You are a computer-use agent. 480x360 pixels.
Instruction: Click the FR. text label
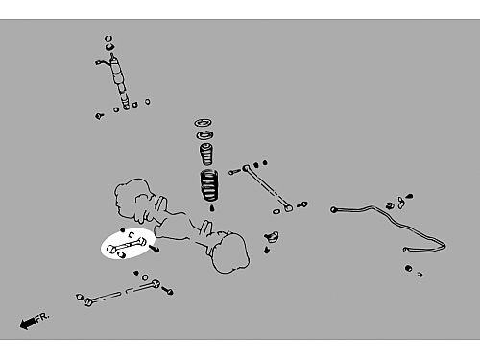pos(42,317)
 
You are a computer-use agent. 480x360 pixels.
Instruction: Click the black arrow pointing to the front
pos(28,323)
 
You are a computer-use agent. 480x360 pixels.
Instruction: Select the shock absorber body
pos(119,81)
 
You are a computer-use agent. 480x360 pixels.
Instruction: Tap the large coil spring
pos(209,185)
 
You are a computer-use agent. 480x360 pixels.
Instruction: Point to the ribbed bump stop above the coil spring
pos(206,154)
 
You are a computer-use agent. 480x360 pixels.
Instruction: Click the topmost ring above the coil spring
pos(204,123)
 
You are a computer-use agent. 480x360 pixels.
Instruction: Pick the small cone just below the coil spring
pos(211,208)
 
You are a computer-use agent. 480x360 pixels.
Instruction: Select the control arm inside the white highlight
pos(127,246)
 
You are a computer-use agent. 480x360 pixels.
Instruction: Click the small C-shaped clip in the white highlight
pos(132,235)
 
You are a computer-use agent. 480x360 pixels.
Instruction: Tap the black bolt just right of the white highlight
pos(154,249)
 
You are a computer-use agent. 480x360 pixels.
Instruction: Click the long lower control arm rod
pos(122,292)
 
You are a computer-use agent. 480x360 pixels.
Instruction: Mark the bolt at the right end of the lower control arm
pos(168,291)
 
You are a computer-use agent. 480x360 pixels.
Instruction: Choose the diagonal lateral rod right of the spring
pos(268,187)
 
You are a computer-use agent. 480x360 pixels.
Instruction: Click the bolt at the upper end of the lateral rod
pos(234,172)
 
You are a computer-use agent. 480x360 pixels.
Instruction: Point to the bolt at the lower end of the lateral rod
pos(302,204)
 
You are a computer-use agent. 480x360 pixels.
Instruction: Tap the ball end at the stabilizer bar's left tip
pos(334,210)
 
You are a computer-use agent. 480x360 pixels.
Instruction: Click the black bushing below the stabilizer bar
pos(408,268)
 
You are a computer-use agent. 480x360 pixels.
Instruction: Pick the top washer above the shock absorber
pos(108,39)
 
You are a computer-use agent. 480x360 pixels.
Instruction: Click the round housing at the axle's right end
pos(231,252)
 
